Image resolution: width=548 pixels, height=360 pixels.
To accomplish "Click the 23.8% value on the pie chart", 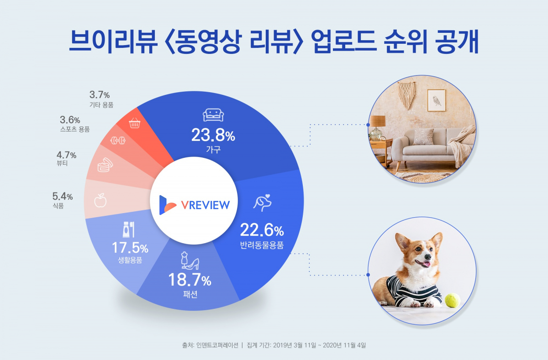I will [x=213, y=135].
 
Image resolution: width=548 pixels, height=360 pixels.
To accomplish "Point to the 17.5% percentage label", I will [x=130, y=248].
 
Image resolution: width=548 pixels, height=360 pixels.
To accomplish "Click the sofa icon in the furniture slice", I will [x=213, y=115].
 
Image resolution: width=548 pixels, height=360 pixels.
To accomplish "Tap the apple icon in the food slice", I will [x=100, y=200].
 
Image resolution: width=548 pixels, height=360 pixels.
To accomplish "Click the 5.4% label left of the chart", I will [x=63, y=197].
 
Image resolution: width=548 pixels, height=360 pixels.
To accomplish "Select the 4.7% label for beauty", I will [x=66, y=155].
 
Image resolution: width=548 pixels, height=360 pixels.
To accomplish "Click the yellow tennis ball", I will [x=453, y=300].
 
